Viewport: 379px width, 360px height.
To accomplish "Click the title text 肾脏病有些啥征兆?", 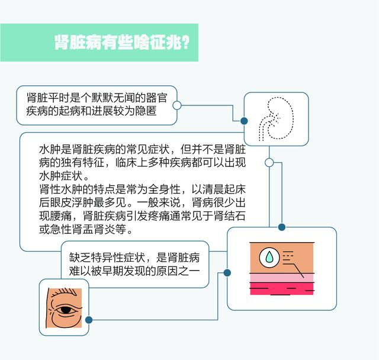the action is (121, 43).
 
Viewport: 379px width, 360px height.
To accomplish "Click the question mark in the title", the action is (185, 43).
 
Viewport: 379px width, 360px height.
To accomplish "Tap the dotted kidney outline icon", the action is (276, 118).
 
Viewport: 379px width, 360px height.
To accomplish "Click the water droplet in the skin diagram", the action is (269, 257).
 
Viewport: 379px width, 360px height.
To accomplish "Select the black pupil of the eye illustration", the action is (65, 310).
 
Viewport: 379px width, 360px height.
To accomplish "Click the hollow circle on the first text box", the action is (177, 105).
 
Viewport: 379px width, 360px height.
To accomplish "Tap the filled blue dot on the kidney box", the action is (244, 121).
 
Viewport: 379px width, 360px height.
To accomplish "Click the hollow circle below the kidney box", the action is (269, 163).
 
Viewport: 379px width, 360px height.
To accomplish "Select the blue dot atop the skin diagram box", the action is (282, 227).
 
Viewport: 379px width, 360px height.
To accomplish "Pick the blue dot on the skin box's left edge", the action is (227, 273).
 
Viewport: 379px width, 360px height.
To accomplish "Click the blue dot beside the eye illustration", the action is (89, 320).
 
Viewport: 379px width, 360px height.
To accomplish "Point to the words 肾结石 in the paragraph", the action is (230, 216).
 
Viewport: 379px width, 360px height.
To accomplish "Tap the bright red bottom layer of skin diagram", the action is (282, 289).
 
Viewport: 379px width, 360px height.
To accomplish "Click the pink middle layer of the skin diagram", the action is (282, 278).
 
